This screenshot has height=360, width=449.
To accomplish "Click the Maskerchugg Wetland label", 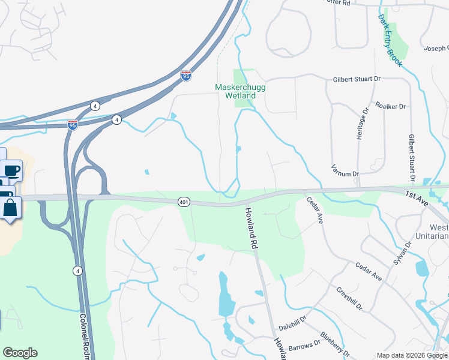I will pos(235,91).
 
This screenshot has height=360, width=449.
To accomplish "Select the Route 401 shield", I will pos(184,202).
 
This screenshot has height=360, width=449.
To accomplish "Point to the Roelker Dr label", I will pos(390,106).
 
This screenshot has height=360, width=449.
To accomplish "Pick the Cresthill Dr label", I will pos(349,298).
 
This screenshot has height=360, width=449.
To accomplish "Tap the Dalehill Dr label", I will pos(292,322).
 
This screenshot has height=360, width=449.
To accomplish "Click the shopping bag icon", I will pos(11,208).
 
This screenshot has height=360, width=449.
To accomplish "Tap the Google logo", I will pos(20,353).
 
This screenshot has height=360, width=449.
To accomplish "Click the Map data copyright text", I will pos(411,355).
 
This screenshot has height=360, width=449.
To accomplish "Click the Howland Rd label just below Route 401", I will pos(251,229).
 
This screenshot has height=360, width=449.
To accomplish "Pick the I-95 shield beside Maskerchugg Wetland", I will pos(186,76).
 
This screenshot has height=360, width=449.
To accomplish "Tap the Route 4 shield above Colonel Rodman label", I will pos(77,271).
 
